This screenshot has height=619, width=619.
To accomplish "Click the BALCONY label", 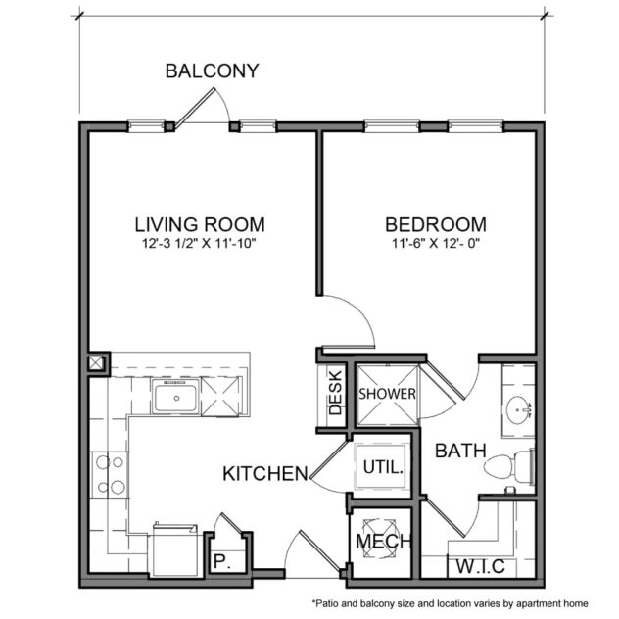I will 212,71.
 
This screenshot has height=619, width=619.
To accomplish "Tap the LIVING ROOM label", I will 200,223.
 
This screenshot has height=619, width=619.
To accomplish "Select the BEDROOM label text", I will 435,223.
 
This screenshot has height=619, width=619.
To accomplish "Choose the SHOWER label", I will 387,394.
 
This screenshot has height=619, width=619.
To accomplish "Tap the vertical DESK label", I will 334,392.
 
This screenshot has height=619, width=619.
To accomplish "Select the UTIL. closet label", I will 382,467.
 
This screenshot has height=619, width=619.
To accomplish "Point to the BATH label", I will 460,452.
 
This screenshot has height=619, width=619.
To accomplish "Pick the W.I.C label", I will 477,566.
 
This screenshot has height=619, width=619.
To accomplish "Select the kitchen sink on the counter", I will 176,398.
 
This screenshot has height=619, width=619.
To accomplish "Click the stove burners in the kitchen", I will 108,473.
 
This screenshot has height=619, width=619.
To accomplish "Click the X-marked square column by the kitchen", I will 98,362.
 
